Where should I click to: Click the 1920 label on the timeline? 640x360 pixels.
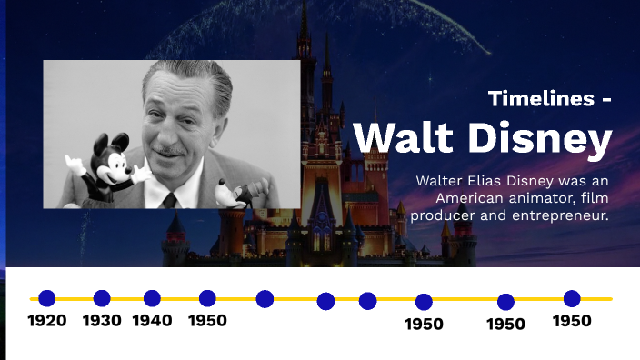pyautogui.click(x=46, y=321)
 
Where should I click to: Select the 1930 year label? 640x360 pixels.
pyautogui.click(x=102, y=321)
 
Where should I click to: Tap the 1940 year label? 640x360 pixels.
pyautogui.click(x=152, y=321)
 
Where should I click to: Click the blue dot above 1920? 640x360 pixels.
pyautogui.click(x=46, y=298)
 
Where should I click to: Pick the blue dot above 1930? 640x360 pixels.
pyautogui.click(x=102, y=298)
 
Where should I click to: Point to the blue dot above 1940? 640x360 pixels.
pyautogui.click(x=152, y=298)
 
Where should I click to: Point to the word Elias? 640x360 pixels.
pyautogui.click(x=491, y=181)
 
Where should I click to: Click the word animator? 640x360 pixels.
pyautogui.click(x=544, y=198)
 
